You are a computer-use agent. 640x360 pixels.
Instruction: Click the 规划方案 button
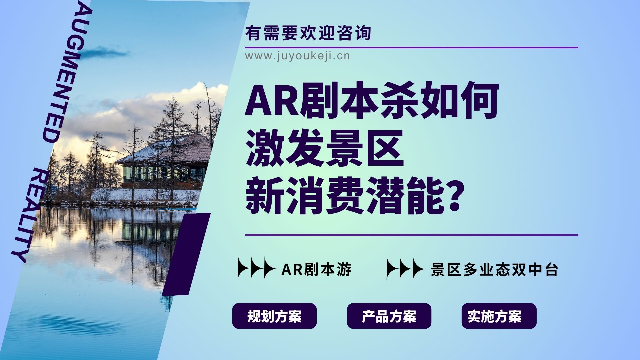(x=274, y=316)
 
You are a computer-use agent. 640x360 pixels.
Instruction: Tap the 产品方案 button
(x=389, y=316)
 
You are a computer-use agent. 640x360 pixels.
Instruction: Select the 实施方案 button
(x=499, y=316)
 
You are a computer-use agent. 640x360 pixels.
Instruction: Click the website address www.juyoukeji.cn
(x=298, y=56)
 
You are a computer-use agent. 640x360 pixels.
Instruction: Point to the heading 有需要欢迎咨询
(x=308, y=33)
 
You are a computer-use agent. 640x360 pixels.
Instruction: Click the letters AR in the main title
(x=272, y=101)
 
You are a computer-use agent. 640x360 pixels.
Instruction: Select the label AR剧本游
(x=316, y=269)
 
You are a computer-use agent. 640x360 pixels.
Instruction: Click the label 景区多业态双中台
(x=494, y=269)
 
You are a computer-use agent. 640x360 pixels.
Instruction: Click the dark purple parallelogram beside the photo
(x=186, y=254)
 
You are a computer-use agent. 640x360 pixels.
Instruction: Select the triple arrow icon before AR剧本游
(x=256, y=268)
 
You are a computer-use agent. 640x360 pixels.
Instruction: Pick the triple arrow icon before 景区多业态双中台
(x=405, y=268)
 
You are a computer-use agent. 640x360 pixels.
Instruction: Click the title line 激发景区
(x=325, y=149)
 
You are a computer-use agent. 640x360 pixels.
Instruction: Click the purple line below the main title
(x=411, y=235)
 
